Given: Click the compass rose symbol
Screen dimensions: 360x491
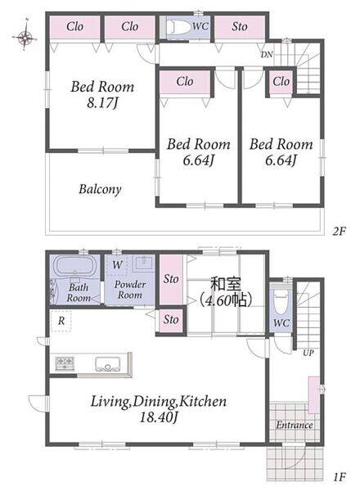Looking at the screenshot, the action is [x=25, y=38].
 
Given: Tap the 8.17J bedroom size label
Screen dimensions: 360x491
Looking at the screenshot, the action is [x=102, y=103].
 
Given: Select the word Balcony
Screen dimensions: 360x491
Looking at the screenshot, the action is [x=100, y=190].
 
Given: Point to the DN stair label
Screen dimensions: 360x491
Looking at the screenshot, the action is [x=267, y=55].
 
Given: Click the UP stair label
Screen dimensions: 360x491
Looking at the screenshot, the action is [x=308, y=353].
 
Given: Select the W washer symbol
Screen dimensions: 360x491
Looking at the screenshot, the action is [x=117, y=265].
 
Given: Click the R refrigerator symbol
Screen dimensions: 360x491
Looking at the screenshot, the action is [x=61, y=321].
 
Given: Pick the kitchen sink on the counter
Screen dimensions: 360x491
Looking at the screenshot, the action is [x=108, y=364].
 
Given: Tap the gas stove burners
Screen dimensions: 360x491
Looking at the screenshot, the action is [x=65, y=363].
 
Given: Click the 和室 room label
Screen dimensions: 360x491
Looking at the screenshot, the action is [x=226, y=285].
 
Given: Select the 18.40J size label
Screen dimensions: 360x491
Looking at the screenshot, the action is [x=159, y=417].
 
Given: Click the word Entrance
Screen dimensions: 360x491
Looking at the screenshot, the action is [x=295, y=425].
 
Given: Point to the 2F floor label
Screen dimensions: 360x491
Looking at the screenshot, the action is [x=339, y=232].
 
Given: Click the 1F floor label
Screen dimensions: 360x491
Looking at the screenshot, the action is [x=339, y=477].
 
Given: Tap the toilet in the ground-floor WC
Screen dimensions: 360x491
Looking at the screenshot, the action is [x=281, y=301].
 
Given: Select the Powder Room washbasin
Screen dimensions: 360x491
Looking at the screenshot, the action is [x=144, y=264].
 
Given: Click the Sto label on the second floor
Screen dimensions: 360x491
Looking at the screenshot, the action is [x=240, y=27].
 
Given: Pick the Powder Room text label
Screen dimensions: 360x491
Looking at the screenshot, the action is [x=130, y=290].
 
